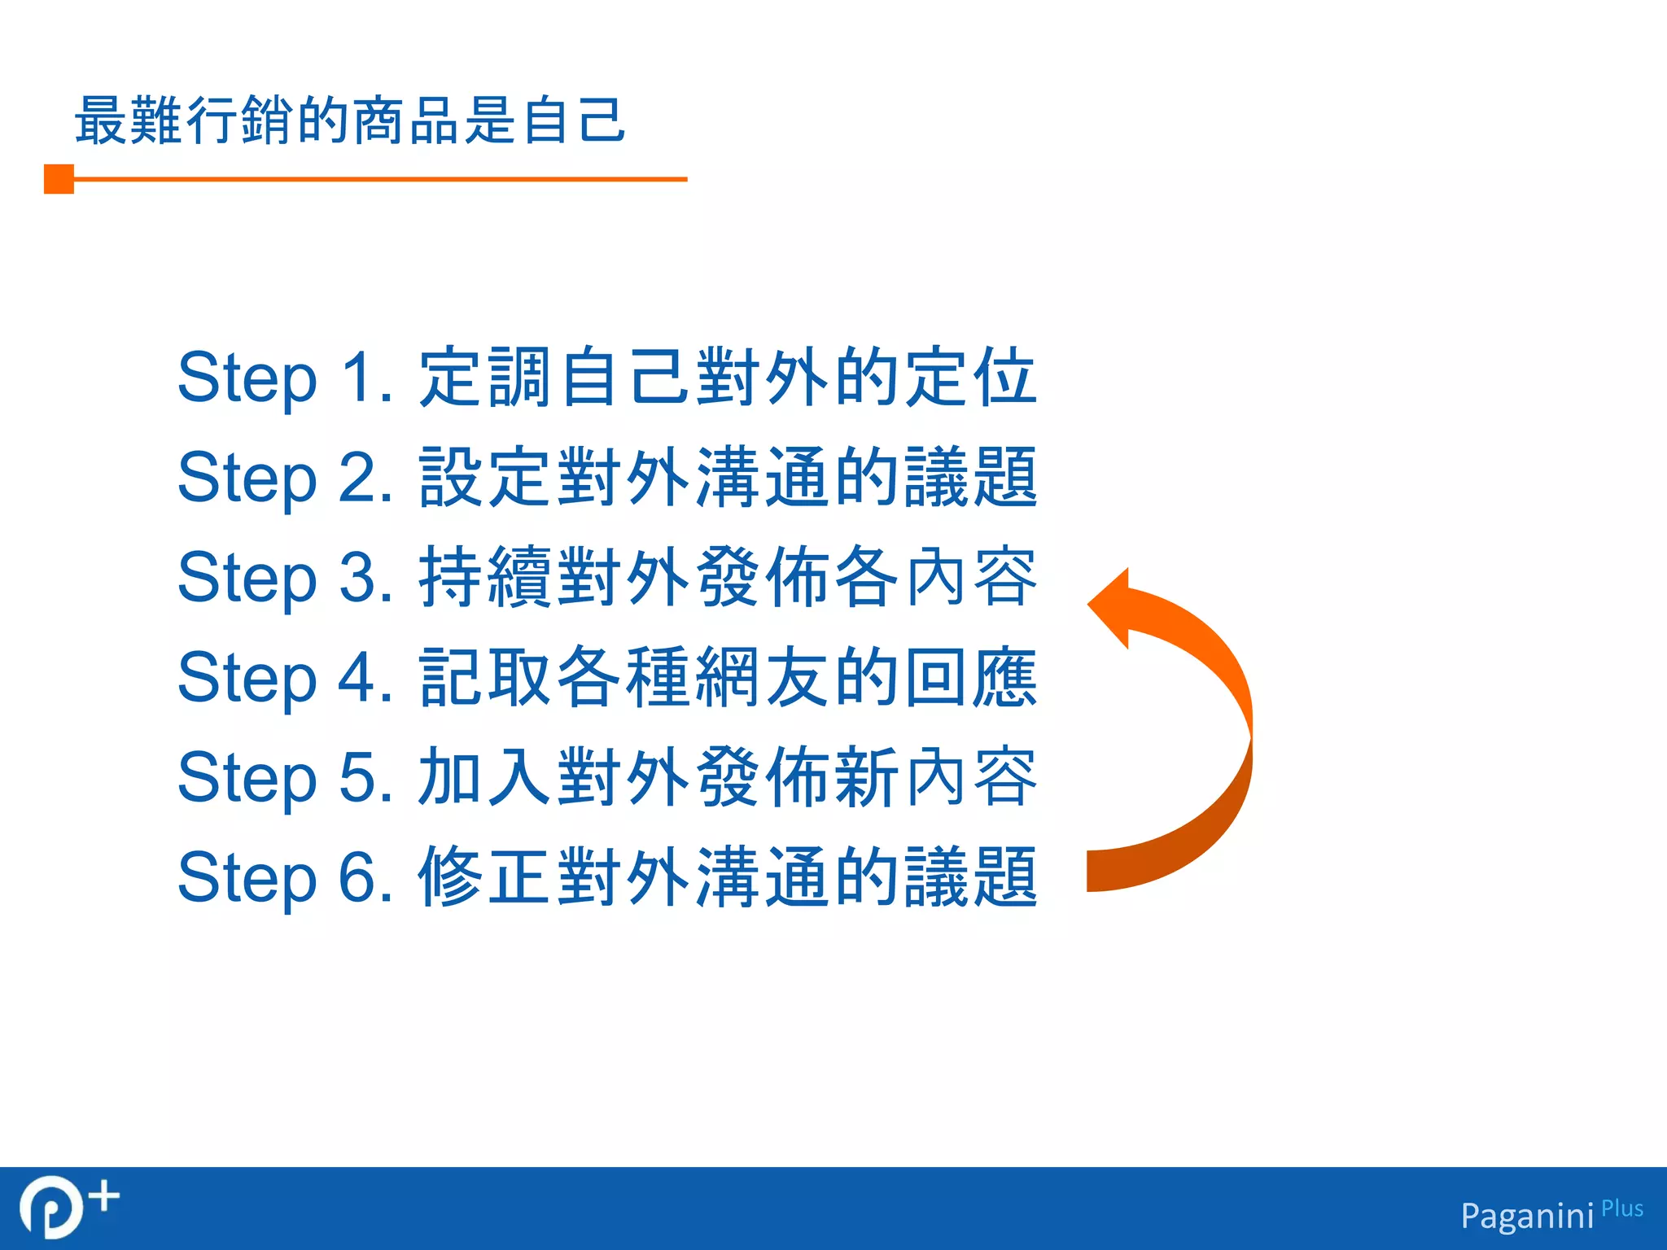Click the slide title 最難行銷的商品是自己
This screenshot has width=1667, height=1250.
coord(350,120)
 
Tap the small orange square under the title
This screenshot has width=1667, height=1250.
coord(59,179)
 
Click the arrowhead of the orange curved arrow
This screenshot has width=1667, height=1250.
coord(1111,607)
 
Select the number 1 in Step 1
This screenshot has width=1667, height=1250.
coord(357,378)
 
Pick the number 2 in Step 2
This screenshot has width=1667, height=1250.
coord(357,478)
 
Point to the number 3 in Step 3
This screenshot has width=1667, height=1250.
coord(357,578)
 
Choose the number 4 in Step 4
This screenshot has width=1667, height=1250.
coord(357,678)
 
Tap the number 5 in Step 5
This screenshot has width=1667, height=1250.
coord(357,778)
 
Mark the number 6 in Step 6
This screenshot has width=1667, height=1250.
coord(357,878)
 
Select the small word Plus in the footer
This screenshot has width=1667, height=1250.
coord(1622,1208)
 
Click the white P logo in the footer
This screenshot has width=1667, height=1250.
coord(50,1208)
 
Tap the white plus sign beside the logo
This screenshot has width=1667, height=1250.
coord(104,1197)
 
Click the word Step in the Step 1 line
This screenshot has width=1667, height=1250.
coord(247,379)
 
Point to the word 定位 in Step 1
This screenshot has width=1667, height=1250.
coord(969,378)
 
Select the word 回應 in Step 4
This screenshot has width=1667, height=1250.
coord(969,678)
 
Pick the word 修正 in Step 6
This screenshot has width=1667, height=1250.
coord(487,878)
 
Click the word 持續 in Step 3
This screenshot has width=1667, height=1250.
coord(487,578)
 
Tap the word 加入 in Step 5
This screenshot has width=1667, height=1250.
coord(487,778)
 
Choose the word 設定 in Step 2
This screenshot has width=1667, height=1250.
coord(487,478)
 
